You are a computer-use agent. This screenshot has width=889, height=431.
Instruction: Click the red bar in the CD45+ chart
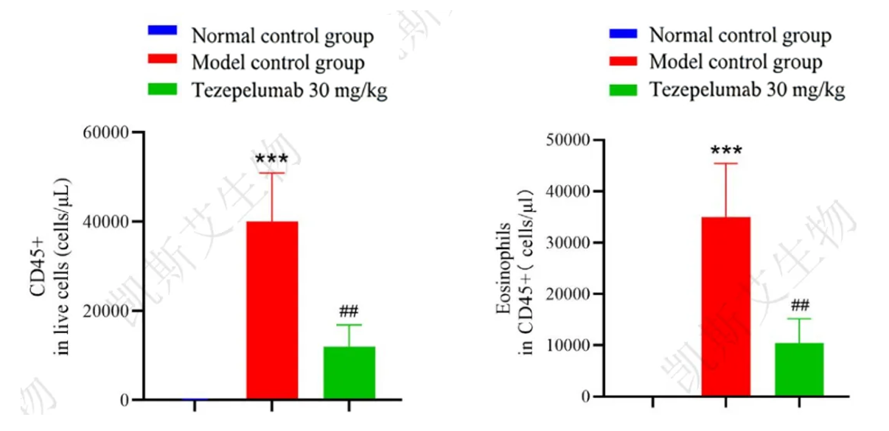pos(271,309)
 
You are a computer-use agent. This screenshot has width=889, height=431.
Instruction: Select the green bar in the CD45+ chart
pos(349,373)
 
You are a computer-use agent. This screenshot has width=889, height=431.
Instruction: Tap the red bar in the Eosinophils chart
pos(725,306)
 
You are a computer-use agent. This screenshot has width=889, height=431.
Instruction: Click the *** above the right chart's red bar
pos(726,152)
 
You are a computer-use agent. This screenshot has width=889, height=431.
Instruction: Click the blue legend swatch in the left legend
pos(163,31)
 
